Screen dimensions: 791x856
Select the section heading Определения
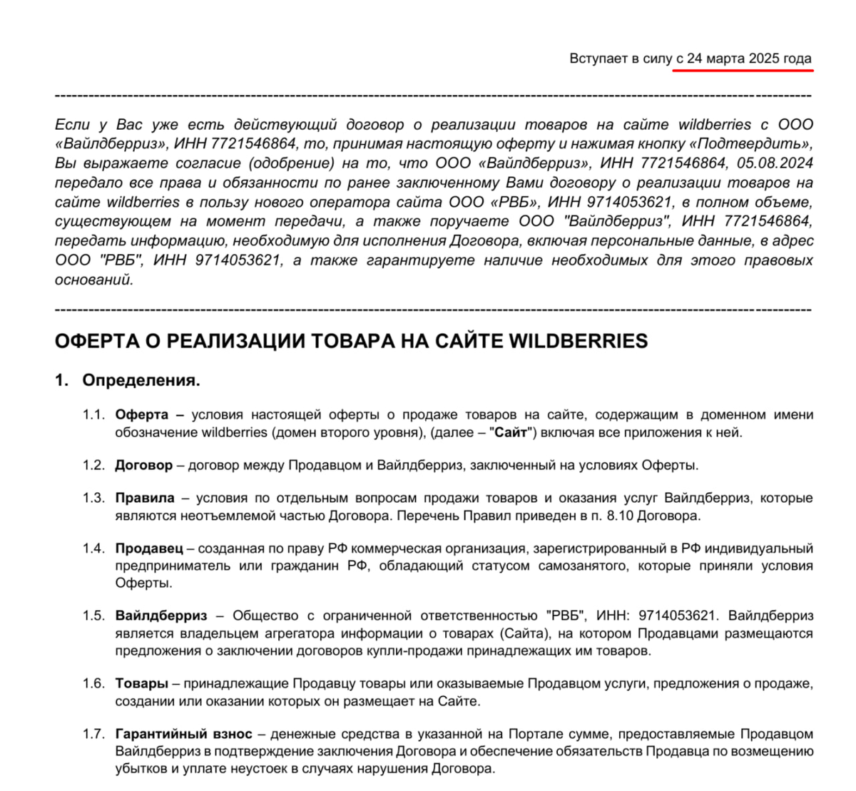141,380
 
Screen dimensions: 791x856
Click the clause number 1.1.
93,414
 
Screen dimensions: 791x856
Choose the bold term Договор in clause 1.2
143,465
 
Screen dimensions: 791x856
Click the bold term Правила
145,498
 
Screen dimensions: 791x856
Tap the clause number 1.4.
93,548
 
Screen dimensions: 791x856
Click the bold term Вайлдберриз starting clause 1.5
161,616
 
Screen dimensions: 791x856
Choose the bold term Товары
142,683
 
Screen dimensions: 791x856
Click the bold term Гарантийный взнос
183,733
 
